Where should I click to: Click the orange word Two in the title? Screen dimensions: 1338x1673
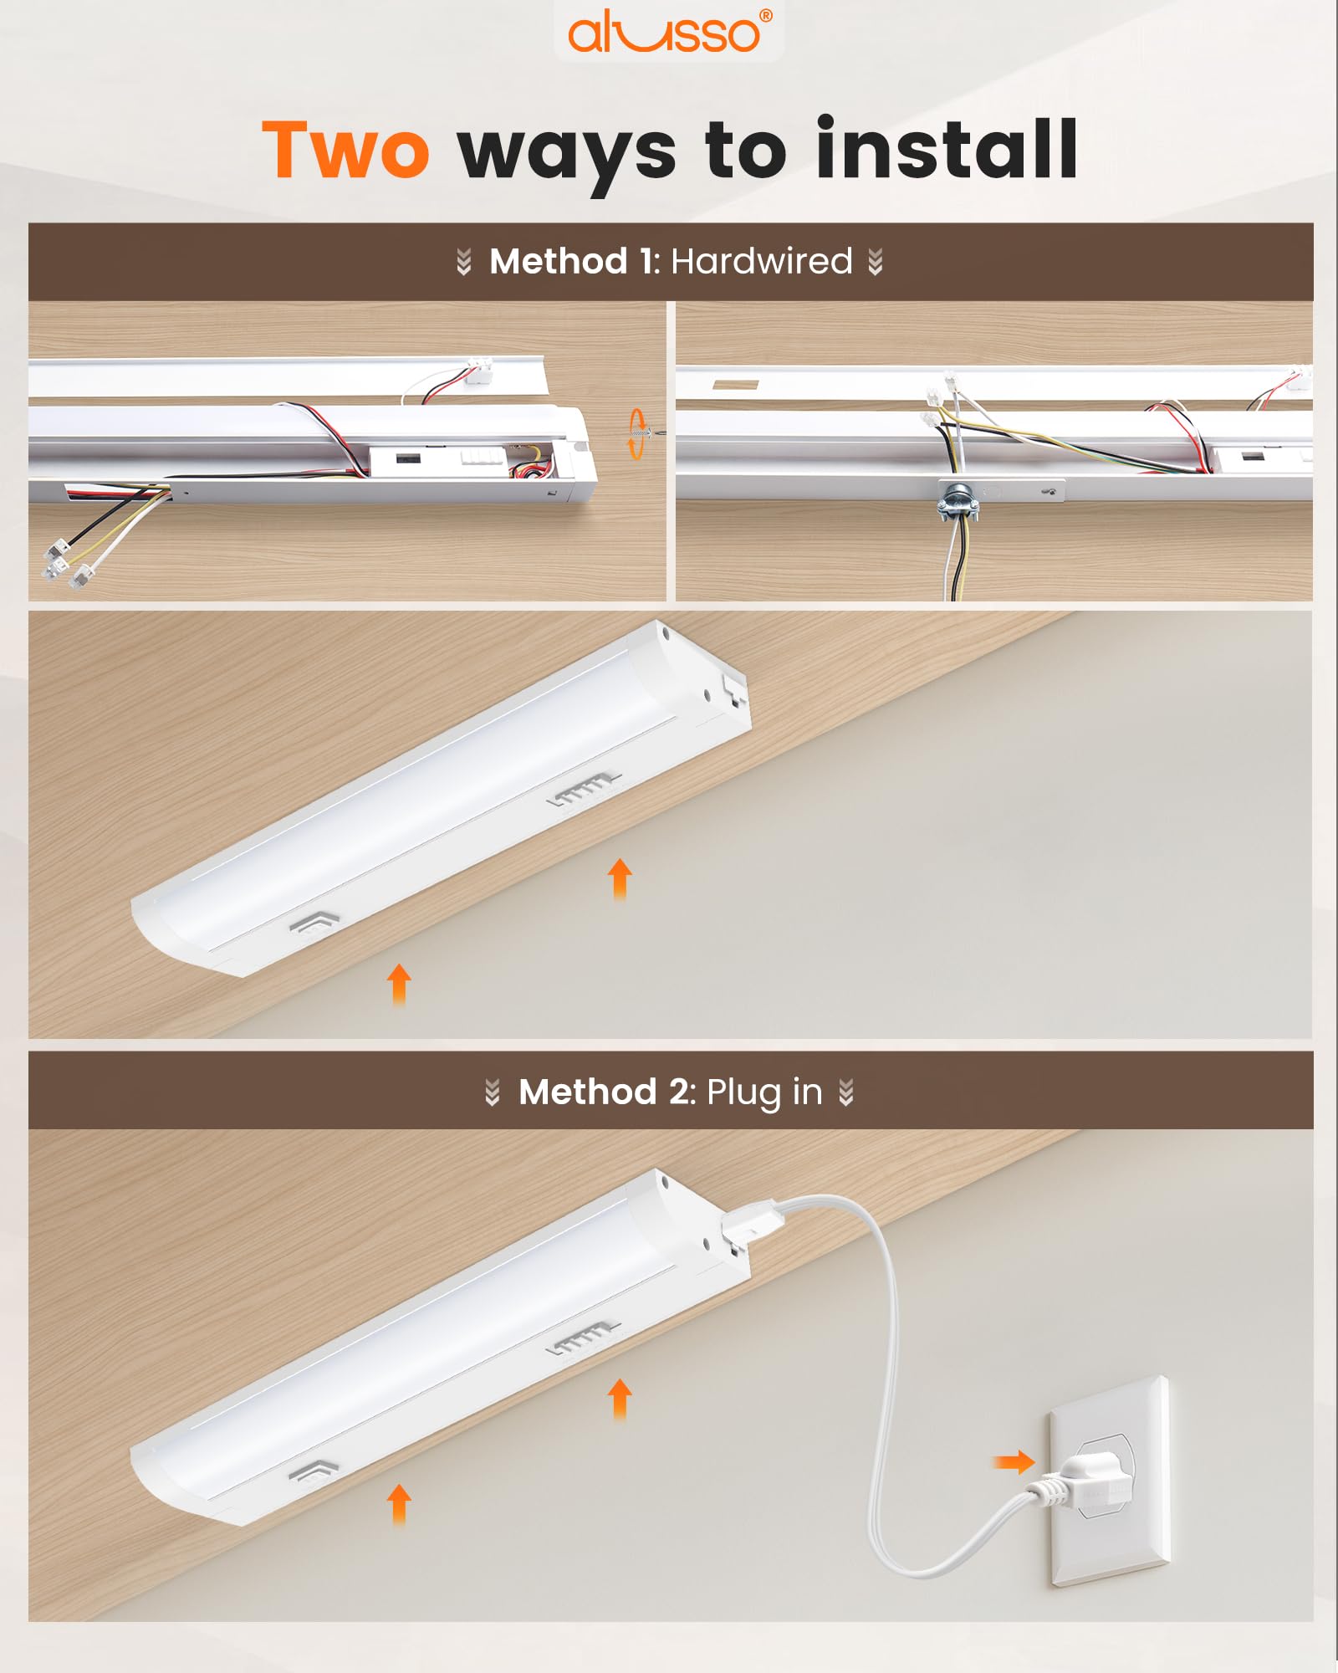[345, 150]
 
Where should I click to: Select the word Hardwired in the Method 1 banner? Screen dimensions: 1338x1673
[761, 262]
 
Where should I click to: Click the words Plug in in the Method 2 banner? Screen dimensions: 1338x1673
[764, 1092]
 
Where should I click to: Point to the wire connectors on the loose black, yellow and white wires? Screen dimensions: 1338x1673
[67, 563]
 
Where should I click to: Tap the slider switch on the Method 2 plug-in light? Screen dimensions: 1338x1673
[584, 1339]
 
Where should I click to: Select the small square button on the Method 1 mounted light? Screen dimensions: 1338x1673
[313, 924]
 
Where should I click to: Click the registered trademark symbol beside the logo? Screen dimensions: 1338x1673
[766, 15]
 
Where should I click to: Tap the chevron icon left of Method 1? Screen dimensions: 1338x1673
[464, 262]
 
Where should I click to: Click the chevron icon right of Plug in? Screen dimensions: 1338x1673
[846, 1092]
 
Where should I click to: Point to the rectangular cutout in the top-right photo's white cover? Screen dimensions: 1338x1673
[736, 386]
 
